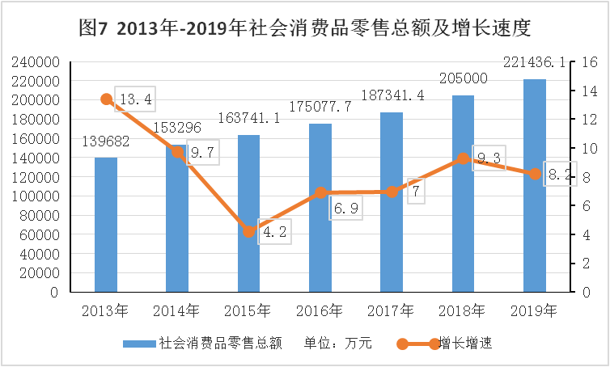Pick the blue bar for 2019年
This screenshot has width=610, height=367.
tap(535, 186)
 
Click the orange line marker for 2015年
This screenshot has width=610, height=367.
tap(249, 232)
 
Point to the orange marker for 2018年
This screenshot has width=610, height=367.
tap(463, 158)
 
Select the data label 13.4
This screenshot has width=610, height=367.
tap(135, 99)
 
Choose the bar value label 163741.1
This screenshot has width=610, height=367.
tap(249, 117)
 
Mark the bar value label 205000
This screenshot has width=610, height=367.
tap(463, 78)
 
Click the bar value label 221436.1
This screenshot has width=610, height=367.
tap(534, 61)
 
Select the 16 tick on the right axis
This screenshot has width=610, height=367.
tap(588, 62)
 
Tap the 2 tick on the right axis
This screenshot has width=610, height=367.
tap(585, 264)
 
